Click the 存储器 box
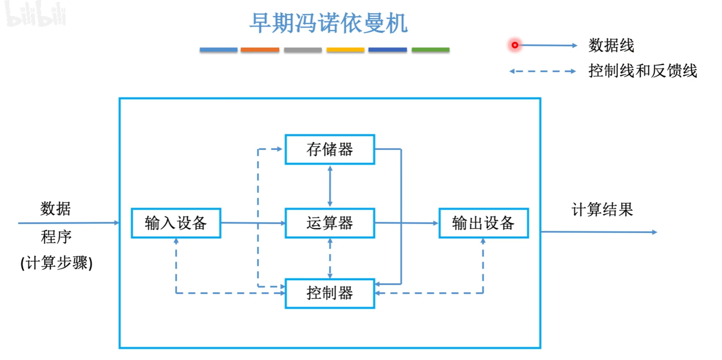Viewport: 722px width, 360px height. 330,149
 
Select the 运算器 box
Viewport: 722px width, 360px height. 330,223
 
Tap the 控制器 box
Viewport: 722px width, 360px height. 330,293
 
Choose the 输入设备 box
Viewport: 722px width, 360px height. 176,223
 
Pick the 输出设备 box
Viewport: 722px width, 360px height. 483,223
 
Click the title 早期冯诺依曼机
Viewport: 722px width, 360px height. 328,23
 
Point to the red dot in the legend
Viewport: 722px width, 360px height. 515,45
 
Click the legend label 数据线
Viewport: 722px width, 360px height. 611,45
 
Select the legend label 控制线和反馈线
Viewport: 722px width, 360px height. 642,71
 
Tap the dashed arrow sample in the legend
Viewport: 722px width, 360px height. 542,71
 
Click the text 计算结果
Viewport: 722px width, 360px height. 602,209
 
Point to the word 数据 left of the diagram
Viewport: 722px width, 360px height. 56,208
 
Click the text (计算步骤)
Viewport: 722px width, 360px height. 56,263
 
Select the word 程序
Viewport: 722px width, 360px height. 56,237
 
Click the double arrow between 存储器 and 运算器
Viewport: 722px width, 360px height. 330,186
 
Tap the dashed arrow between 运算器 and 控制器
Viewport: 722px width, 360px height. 330,258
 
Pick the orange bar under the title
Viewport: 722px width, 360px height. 260,50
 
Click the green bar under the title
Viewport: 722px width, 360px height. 430,50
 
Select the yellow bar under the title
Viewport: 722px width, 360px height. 345,50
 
